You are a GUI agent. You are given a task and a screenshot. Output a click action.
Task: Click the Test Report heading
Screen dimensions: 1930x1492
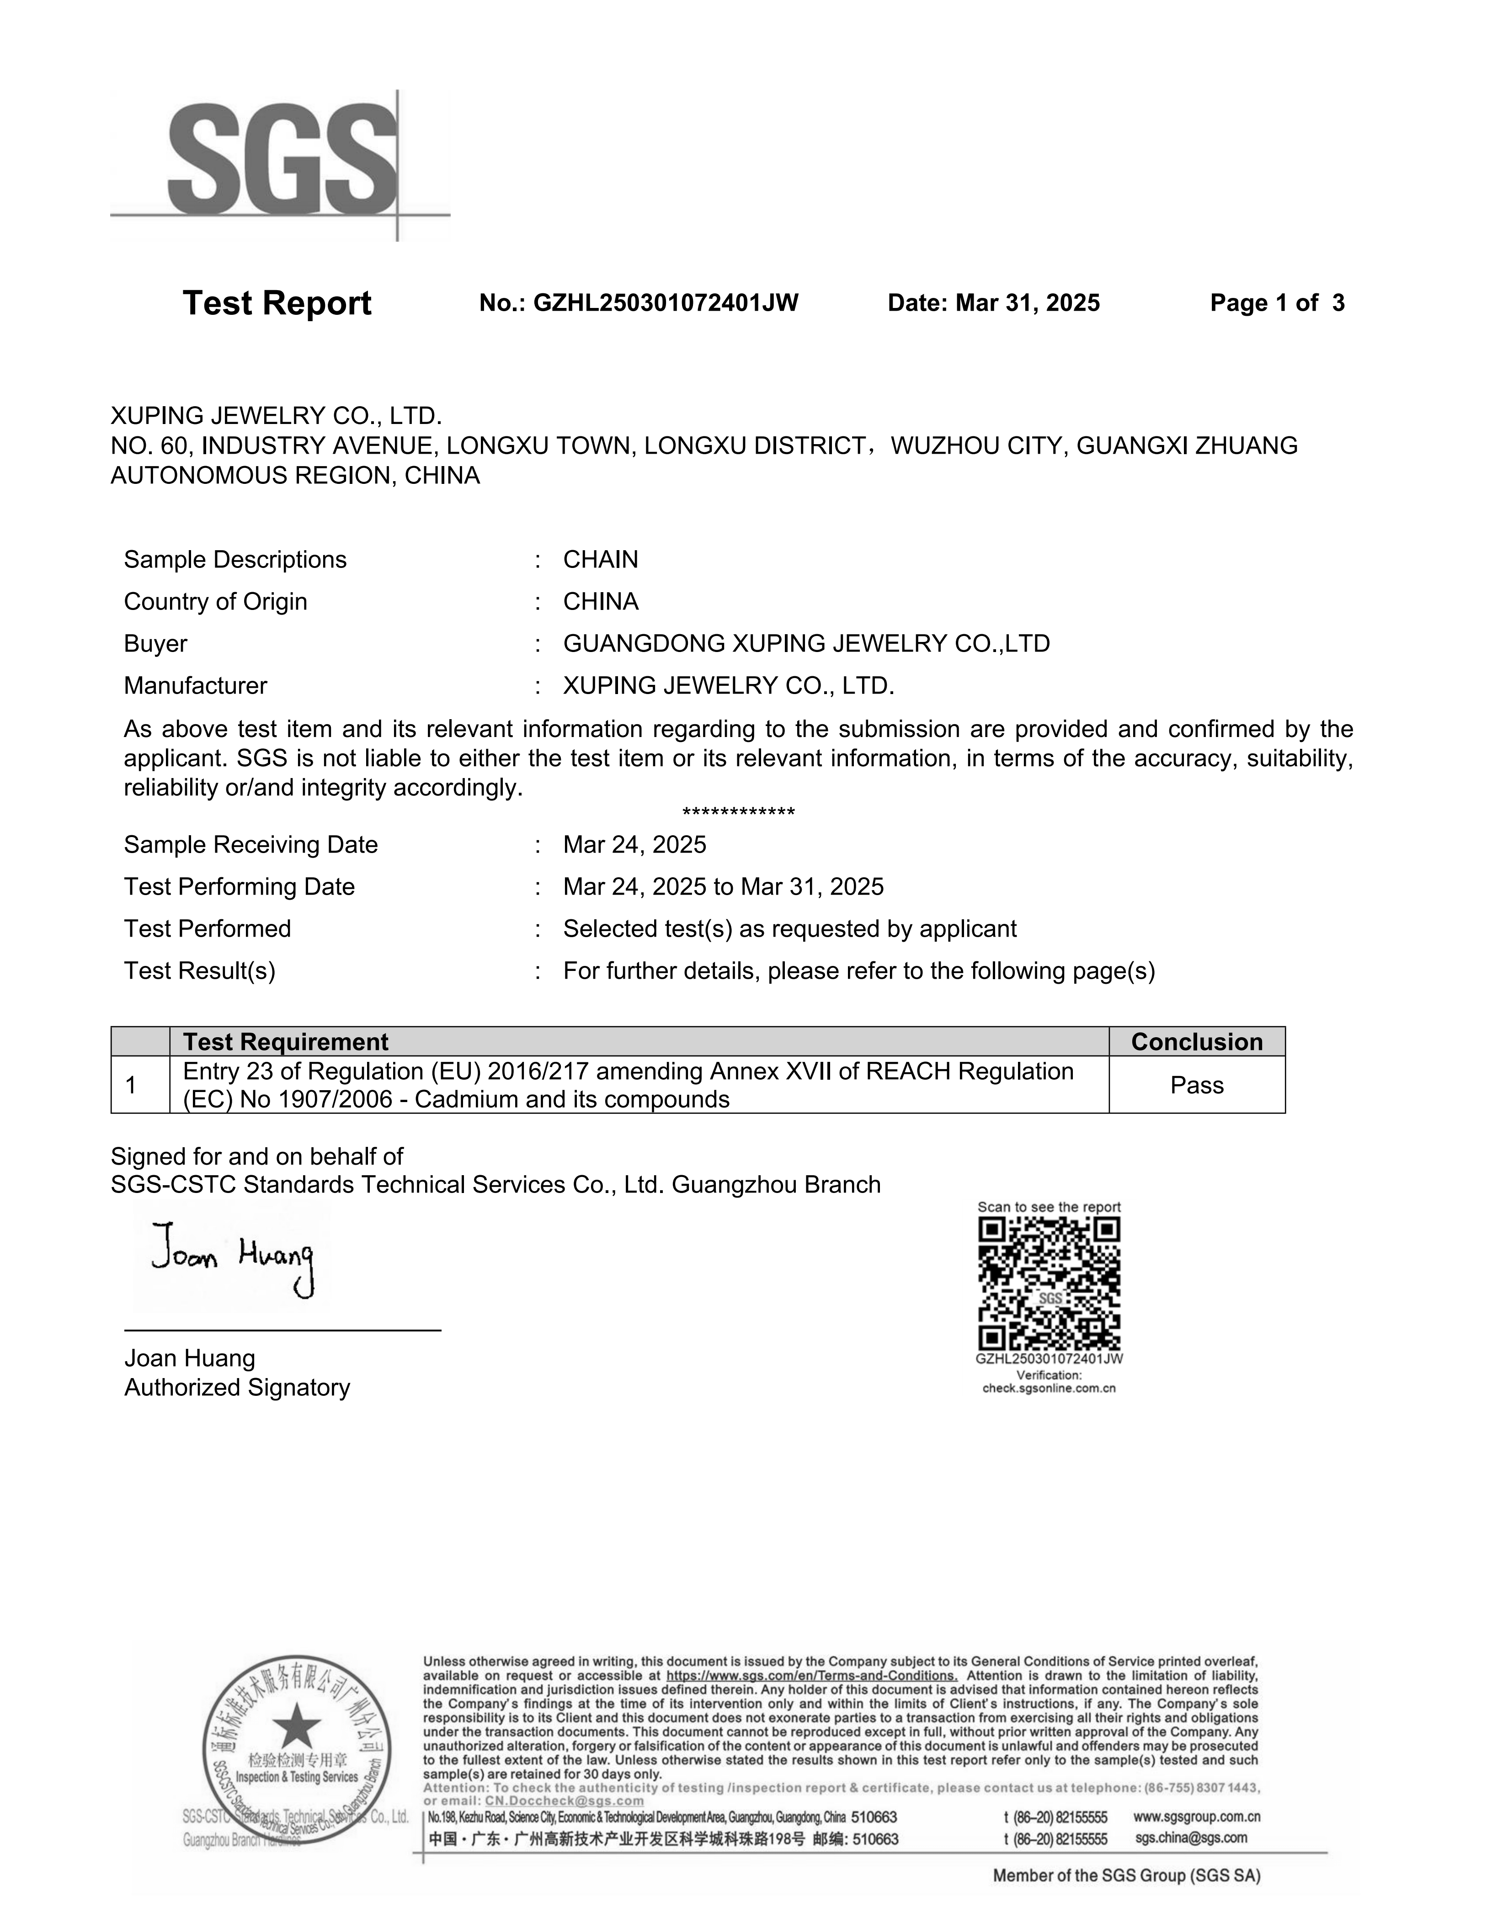pos(277,303)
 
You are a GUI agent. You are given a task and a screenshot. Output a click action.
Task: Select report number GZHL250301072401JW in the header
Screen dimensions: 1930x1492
pos(666,303)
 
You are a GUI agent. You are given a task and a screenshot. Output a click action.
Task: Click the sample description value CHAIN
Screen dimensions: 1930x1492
pos(600,559)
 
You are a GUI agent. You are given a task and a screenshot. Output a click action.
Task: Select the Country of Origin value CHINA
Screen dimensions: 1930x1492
pos(600,602)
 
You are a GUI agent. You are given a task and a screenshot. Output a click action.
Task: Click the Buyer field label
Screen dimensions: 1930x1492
pos(155,643)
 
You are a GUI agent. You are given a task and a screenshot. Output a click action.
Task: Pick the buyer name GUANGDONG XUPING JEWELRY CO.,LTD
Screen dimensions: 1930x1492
pos(806,643)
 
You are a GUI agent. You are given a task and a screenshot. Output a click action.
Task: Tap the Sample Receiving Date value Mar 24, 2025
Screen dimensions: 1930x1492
pos(634,845)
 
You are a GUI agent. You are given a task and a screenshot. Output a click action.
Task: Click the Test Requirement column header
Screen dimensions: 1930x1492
pos(286,1042)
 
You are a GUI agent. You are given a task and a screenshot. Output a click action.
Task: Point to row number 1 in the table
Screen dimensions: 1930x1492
pos(131,1085)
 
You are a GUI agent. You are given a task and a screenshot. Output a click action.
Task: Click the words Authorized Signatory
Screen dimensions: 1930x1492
pos(237,1387)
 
